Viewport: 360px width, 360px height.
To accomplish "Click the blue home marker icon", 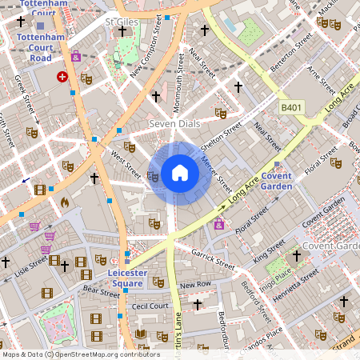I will click(180, 173).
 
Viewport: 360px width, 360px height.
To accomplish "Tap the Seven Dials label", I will click(174, 125).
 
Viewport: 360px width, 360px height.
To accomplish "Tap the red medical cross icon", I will click(62, 77).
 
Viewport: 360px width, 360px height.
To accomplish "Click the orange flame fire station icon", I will click(65, 202).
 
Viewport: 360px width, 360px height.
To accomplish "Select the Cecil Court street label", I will click(150, 306).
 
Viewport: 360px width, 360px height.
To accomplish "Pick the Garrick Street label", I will click(212, 258).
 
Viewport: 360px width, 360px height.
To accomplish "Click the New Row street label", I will click(195, 285).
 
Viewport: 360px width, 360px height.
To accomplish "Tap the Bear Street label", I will click(101, 293).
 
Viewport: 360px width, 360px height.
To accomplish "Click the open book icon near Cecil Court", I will click(141, 334).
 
